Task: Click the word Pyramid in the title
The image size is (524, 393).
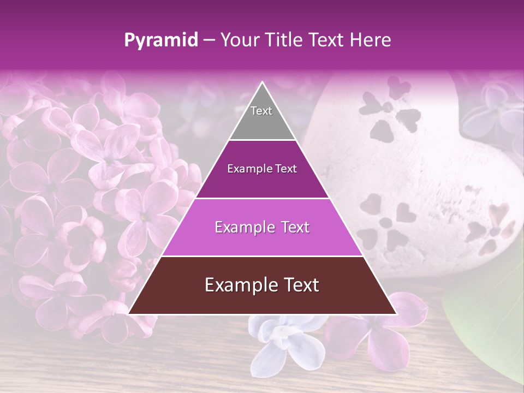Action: pos(160,40)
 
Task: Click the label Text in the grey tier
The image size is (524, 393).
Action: pos(261,111)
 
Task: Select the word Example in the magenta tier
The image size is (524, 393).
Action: pos(242,227)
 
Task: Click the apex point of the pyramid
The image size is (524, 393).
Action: pos(262,82)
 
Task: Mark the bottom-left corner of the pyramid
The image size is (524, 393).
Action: pos(128,314)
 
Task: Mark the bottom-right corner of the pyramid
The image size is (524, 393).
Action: pos(396,314)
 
